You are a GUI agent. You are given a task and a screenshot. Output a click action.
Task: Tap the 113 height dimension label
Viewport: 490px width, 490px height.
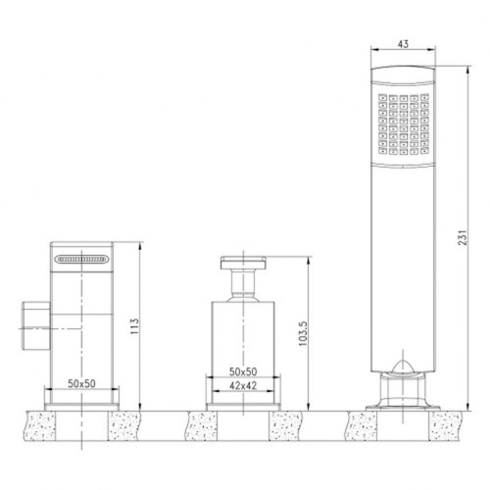coord(135,324)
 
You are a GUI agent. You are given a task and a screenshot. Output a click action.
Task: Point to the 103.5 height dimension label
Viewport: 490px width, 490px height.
coord(304,333)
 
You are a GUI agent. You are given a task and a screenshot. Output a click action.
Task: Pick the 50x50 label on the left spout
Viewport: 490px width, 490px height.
coord(82,384)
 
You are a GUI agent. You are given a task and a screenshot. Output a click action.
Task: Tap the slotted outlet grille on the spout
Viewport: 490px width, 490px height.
coord(82,260)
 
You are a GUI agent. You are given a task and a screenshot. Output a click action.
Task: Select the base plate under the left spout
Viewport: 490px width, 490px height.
coord(82,402)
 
